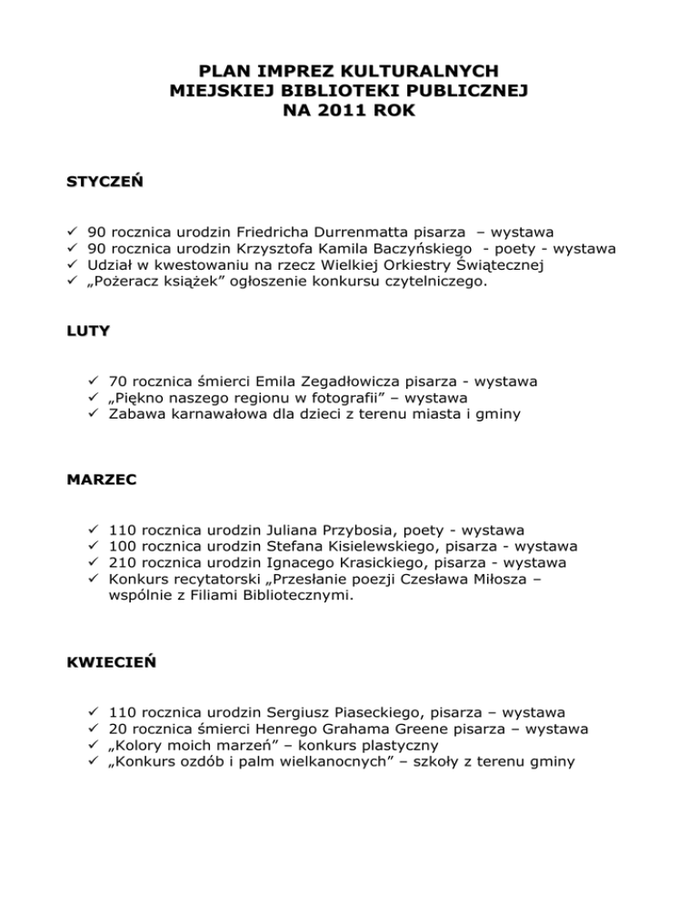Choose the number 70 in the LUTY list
(x=117, y=382)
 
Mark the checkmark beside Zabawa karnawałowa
(x=94, y=415)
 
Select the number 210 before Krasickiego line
(x=122, y=562)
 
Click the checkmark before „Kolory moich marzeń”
(x=94, y=745)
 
